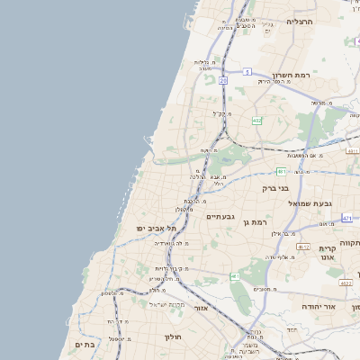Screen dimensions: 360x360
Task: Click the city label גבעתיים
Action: (220, 217)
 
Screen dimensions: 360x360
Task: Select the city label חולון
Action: (173, 337)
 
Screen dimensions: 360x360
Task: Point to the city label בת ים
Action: (85, 343)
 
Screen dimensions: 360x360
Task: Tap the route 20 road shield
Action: (222, 80)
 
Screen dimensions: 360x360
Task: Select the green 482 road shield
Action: (257, 119)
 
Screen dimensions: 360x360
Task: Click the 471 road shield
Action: (347, 218)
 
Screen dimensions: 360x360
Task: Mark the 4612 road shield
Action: (303, 246)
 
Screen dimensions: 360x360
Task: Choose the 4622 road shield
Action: (346, 283)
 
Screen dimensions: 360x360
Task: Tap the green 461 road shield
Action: (234, 276)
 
